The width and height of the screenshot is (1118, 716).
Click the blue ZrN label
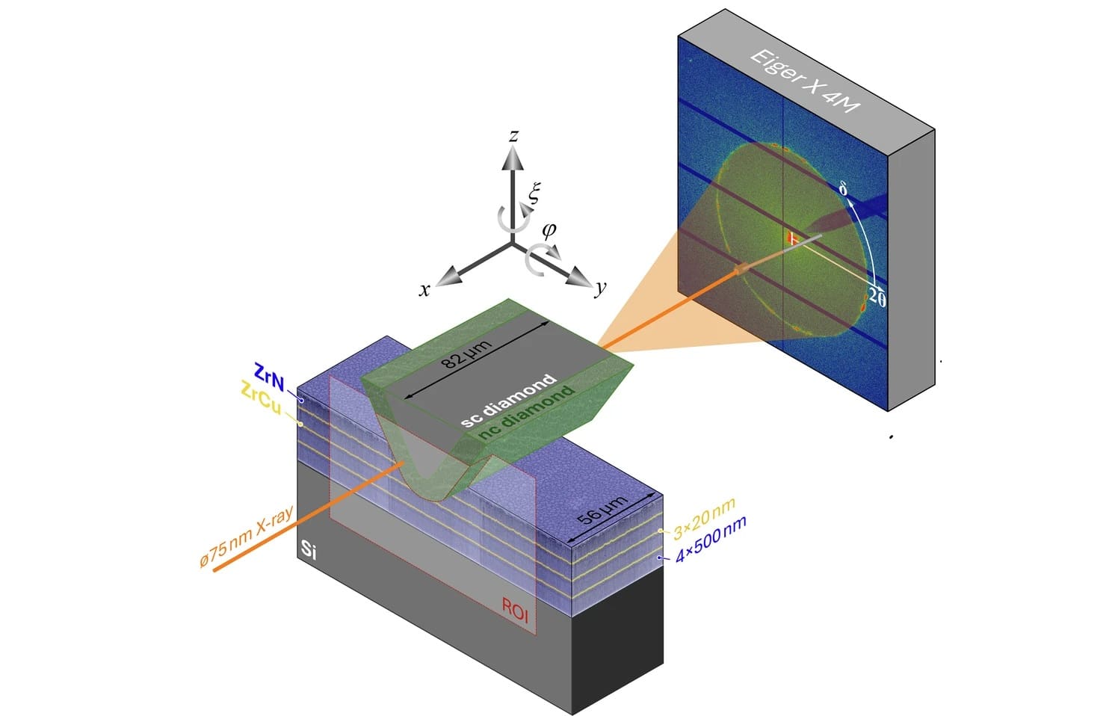pyautogui.click(x=269, y=377)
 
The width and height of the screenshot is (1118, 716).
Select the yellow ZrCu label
pyautogui.click(x=261, y=398)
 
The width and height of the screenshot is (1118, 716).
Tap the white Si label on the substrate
pyautogui.click(x=309, y=550)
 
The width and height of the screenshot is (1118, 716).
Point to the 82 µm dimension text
pyautogui.click(x=466, y=353)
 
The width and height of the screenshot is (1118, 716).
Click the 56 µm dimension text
pyautogui.click(x=602, y=510)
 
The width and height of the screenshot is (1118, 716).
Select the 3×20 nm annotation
pyautogui.click(x=704, y=519)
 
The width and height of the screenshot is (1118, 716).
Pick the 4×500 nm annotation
pyautogui.click(x=711, y=540)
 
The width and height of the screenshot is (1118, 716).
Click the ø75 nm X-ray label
pyautogui.click(x=246, y=537)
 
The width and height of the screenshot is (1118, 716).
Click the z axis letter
pyautogui.click(x=513, y=135)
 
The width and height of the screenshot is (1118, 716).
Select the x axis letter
pyautogui.click(x=424, y=289)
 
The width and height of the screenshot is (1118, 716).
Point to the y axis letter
pyautogui.click(x=601, y=288)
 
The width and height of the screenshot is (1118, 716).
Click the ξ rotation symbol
pyautogui.click(x=534, y=193)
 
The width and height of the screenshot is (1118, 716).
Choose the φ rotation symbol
pyautogui.click(x=549, y=231)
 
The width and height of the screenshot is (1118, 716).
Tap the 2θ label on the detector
pyautogui.click(x=877, y=297)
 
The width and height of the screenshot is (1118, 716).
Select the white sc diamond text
pyautogui.click(x=508, y=401)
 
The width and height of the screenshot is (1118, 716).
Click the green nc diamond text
pyautogui.click(x=526, y=412)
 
